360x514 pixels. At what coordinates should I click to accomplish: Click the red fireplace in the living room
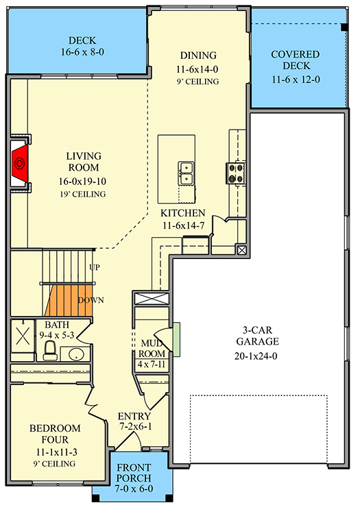tap(21, 163)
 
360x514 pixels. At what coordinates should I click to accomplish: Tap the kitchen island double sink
tap(186, 173)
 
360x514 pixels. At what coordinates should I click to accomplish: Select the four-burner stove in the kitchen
tap(237, 173)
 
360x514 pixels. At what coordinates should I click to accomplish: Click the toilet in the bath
tap(49, 351)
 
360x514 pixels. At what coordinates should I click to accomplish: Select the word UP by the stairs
tap(95, 267)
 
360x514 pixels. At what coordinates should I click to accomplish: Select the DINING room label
tap(198, 55)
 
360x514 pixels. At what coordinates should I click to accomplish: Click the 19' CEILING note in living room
tap(83, 194)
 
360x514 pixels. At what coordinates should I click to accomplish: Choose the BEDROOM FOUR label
tap(55, 434)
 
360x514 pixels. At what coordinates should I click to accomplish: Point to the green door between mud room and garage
tap(176, 339)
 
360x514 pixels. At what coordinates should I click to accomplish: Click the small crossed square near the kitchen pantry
tap(240, 250)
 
